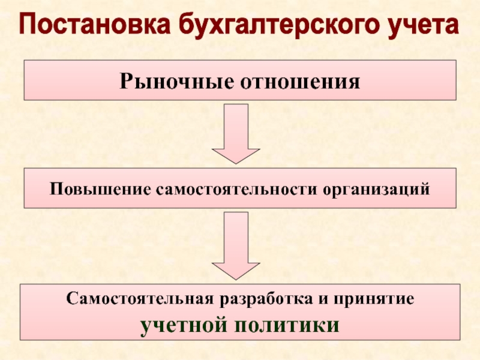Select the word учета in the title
pyautogui.click(x=420, y=26)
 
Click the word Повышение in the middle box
pyautogui.click(x=100, y=189)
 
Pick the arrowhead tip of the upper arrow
pyautogui.click(x=236, y=162)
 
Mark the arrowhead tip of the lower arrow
pyautogui.click(x=236, y=278)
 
